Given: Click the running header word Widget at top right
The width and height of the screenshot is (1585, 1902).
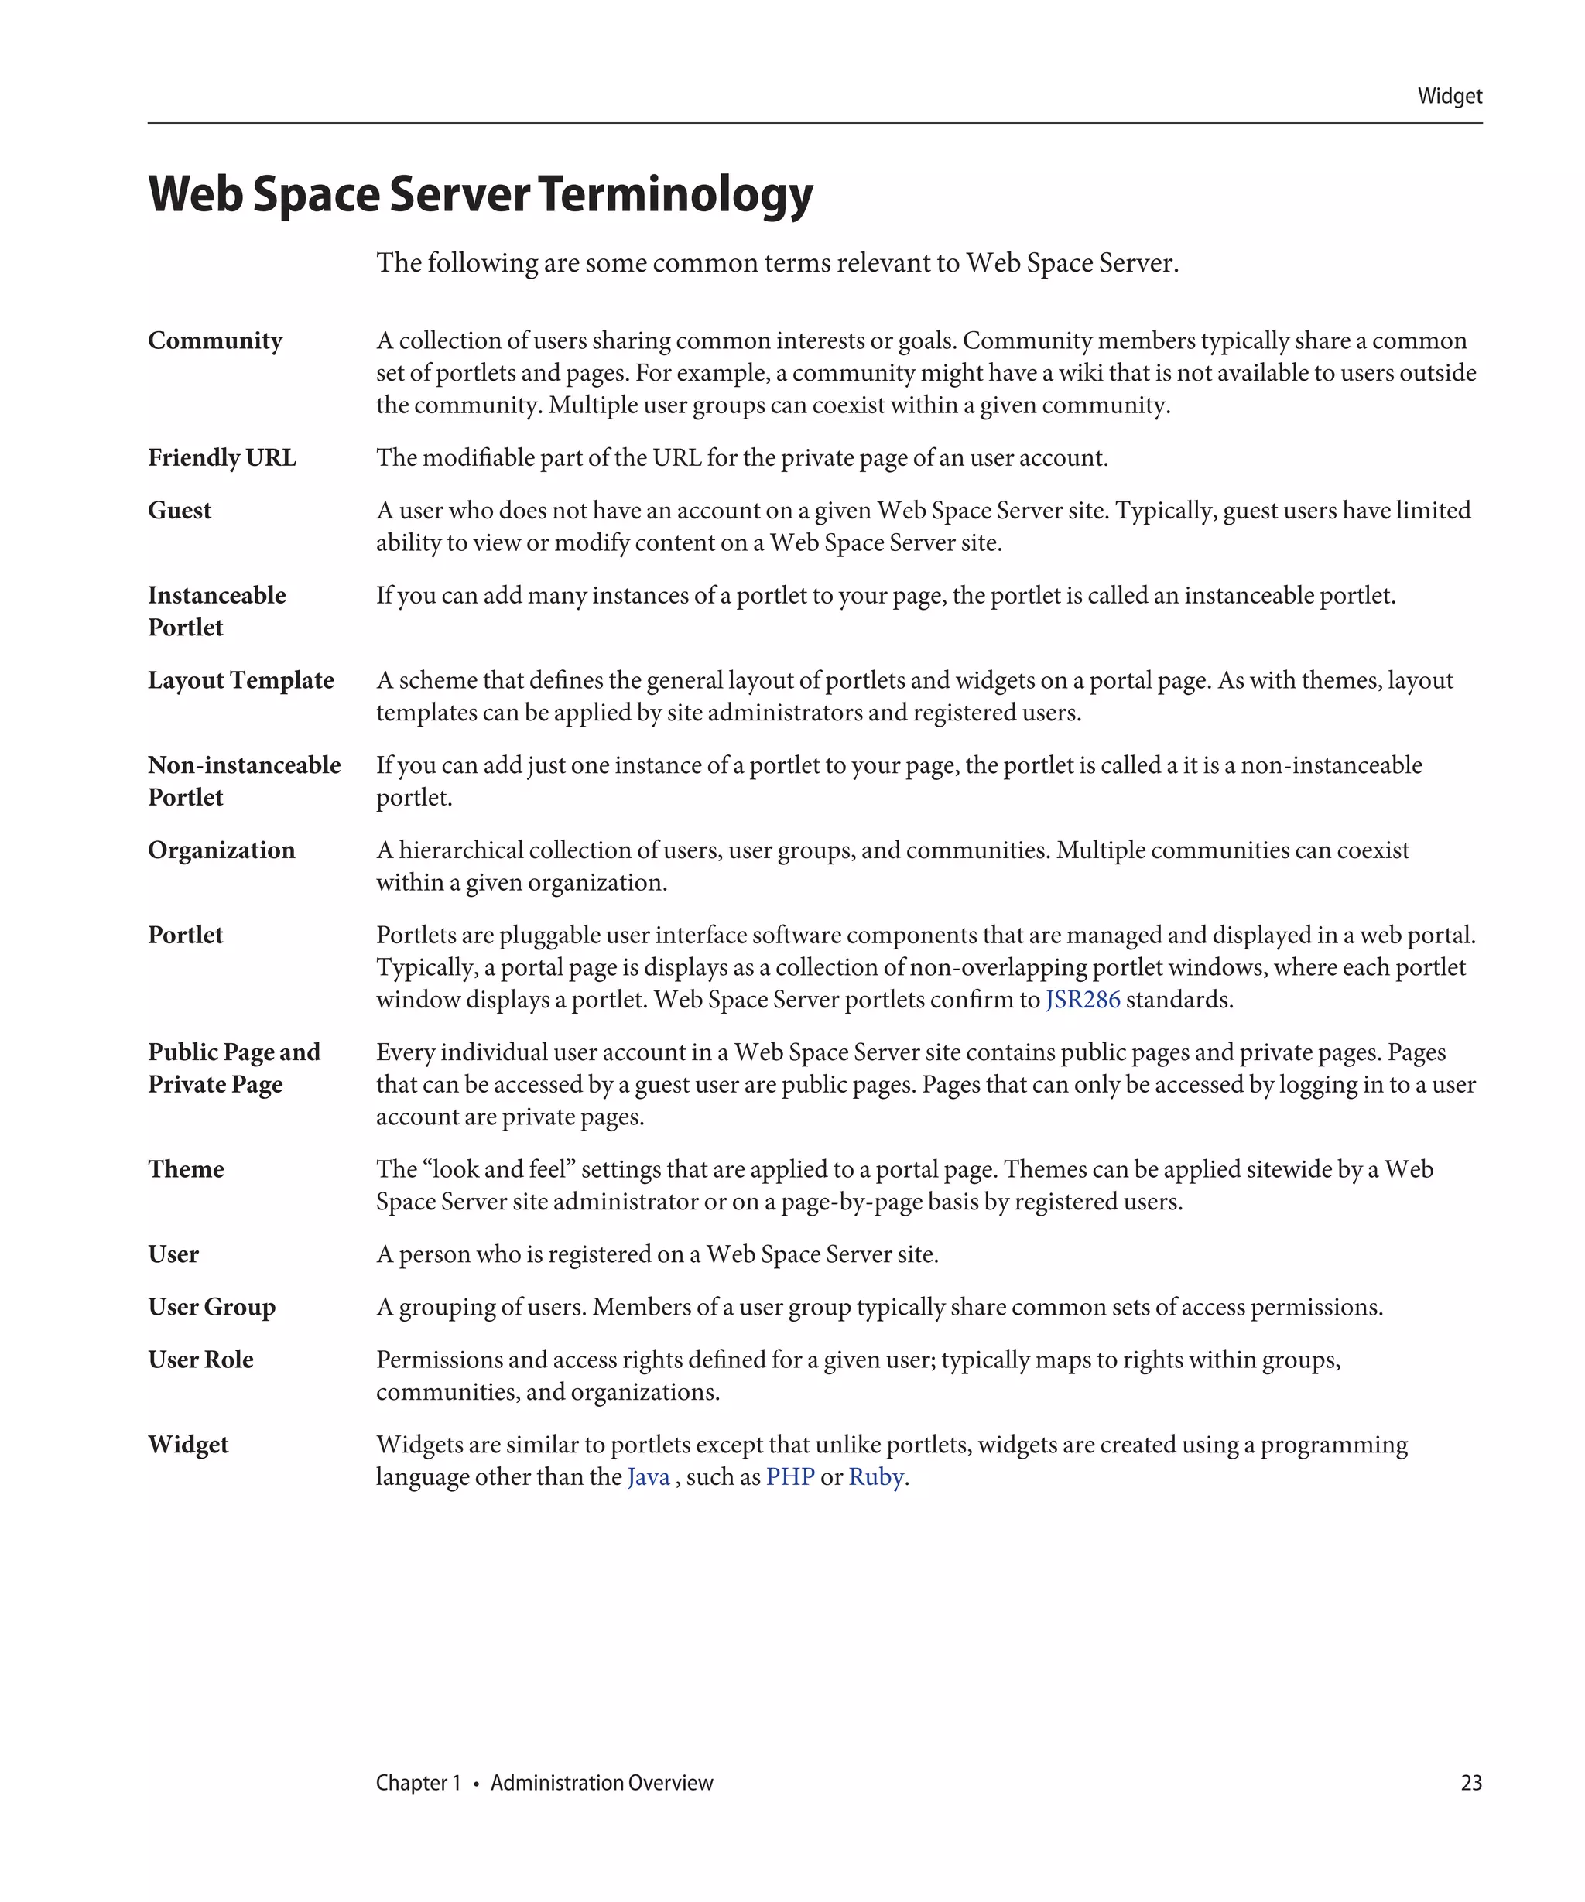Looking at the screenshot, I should [x=1448, y=96].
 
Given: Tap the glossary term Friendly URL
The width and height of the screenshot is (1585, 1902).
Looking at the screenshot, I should [x=222, y=457].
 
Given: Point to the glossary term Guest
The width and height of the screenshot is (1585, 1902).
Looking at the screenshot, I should [x=180, y=510].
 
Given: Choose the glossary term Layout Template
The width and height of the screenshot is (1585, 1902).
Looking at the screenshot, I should [x=241, y=680].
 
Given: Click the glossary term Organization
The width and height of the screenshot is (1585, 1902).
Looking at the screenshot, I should [x=221, y=850].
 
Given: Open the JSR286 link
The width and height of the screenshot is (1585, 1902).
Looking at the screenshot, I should [x=1081, y=1000].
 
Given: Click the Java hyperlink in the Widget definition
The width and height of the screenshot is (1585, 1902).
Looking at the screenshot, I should [x=648, y=1477].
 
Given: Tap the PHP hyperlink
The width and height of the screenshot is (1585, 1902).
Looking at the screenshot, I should [x=789, y=1477].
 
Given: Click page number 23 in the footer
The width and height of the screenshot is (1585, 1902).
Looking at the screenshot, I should [x=1471, y=1782].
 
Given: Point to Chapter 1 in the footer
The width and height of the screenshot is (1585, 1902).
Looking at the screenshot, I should [x=418, y=1782].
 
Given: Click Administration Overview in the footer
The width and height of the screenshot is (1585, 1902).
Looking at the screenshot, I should [x=601, y=1782].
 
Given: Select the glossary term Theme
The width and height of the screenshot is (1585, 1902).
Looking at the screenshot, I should [x=186, y=1169].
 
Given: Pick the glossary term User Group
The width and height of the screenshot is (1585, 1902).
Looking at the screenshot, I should [x=212, y=1307].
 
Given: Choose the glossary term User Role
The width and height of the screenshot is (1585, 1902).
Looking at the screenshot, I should [x=200, y=1360].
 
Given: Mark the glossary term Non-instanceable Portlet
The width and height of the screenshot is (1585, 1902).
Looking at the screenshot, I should [x=244, y=781].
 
